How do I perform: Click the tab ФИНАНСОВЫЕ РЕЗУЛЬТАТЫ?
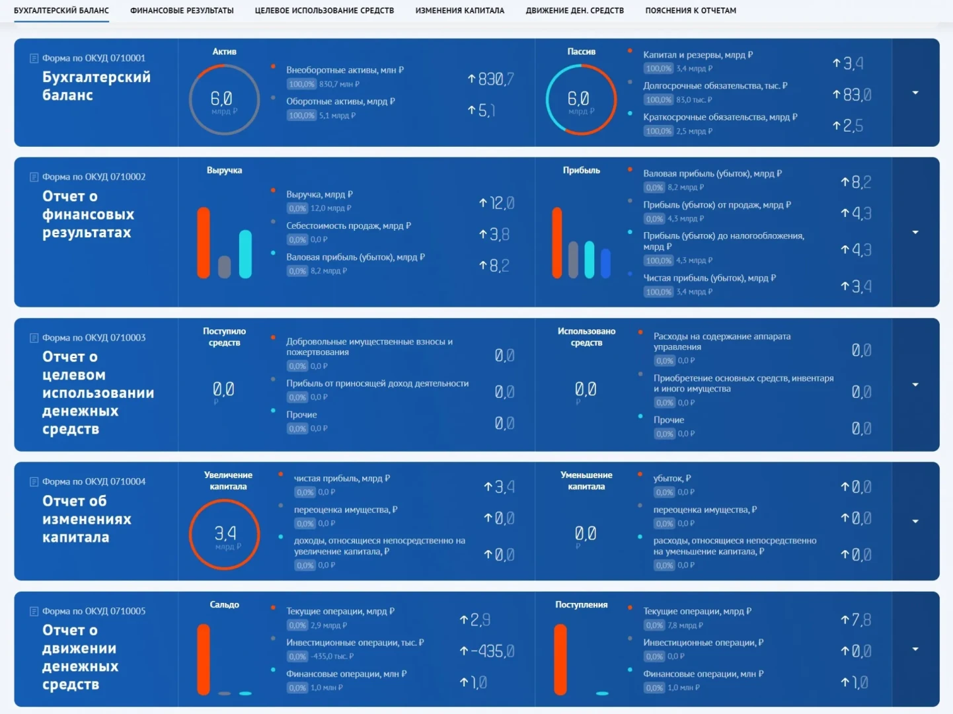tap(182, 11)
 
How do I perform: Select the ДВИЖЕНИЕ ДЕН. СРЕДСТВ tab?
tap(574, 11)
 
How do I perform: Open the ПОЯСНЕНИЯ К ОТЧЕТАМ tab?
tap(691, 11)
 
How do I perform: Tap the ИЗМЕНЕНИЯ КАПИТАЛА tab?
tap(459, 11)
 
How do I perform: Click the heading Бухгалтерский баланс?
tap(96, 86)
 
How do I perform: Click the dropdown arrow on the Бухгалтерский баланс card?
tap(915, 93)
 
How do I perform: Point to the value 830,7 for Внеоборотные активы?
tap(495, 79)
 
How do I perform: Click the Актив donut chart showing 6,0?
tap(224, 100)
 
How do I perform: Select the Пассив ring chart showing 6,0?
tap(581, 100)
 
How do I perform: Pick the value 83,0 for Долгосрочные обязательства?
tap(857, 95)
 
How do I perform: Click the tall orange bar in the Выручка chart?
tap(204, 243)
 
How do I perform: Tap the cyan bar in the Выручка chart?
tap(245, 254)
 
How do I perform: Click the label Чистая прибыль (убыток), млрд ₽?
tap(709, 278)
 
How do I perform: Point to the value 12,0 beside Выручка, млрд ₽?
tap(500, 203)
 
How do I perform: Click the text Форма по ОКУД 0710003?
tap(94, 338)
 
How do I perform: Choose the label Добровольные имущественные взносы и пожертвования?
tap(369, 346)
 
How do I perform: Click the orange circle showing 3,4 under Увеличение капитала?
tap(225, 535)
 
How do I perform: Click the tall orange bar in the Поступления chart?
tap(560, 659)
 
